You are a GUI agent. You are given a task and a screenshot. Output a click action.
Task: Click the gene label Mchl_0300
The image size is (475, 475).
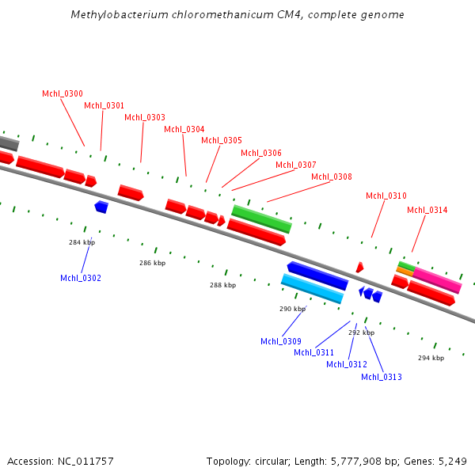click(x=63, y=93)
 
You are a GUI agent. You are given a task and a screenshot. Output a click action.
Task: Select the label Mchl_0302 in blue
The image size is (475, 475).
click(x=81, y=278)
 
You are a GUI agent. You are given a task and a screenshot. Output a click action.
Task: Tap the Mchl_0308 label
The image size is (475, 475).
click(x=332, y=177)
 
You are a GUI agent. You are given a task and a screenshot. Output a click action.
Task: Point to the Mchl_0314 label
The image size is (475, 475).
click(x=427, y=210)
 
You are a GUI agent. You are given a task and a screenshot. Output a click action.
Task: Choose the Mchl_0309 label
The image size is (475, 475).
click(x=281, y=341)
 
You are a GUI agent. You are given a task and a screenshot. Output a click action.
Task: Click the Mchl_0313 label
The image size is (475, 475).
click(x=382, y=377)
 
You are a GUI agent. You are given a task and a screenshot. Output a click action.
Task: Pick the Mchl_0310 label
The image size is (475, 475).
click(x=386, y=196)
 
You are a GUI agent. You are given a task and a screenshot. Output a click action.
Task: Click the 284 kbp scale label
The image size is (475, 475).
click(x=82, y=242)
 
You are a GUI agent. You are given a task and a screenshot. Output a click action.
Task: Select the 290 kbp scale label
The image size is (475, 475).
click(x=292, y=309)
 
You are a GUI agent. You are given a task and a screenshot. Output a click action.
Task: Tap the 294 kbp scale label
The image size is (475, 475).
click(x=431, y=358)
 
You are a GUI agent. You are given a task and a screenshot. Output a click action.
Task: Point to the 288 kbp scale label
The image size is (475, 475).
click(x=222, y=285)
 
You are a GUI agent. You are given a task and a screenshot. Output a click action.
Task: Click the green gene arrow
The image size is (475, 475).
click(x=261, y=218)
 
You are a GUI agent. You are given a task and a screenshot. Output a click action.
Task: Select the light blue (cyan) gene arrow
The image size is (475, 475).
click(x=312, y=288)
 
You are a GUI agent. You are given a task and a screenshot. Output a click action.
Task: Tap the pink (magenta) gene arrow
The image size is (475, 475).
click(x=436, y=279)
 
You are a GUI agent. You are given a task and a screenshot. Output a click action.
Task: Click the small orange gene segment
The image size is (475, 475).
click(x=404, y=272)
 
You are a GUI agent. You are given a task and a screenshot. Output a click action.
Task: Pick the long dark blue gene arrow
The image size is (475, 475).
click(x=317, y=275)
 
